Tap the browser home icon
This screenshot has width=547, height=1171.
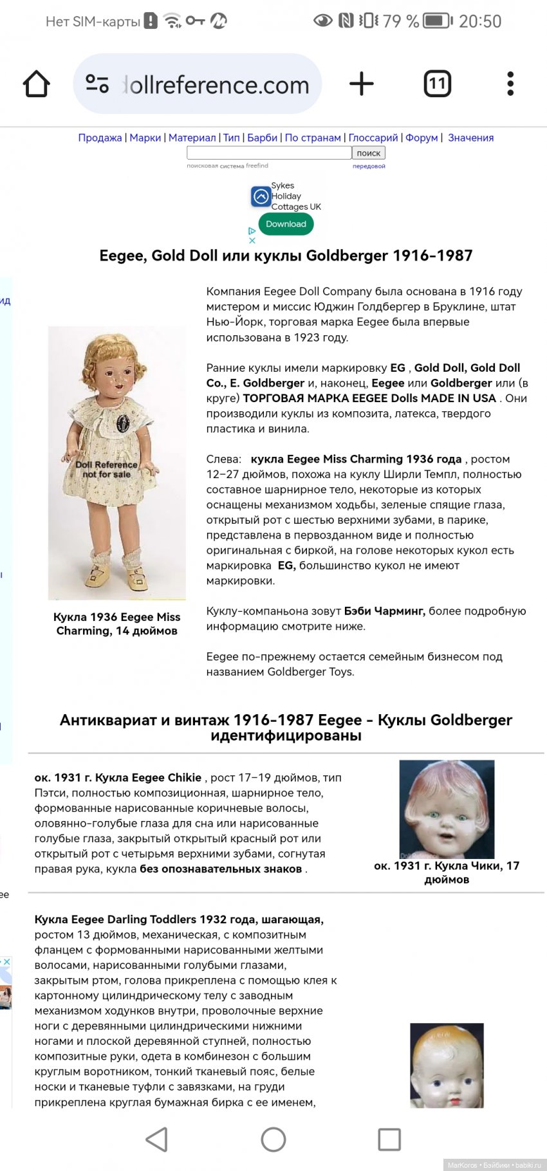[37, 84]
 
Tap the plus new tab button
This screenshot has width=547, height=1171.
[362, 84]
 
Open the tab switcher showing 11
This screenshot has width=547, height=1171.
[437, 84]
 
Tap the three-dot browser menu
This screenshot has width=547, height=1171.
[510, 84]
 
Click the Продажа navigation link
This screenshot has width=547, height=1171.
[100, 138]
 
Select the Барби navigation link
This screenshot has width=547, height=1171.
[262, 138]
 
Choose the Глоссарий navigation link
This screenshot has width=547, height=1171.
[373, 138]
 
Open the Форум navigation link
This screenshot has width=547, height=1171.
[422, 138]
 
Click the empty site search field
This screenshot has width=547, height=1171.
[269, 153]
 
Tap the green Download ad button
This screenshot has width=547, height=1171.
[286, 224]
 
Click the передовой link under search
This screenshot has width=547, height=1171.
[369, 166]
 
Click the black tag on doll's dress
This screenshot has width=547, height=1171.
[123, 423]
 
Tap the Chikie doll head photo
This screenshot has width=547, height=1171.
[447, 809]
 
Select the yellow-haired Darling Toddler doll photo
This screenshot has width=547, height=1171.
[447, 1065]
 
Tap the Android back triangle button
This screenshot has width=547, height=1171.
[157, 1139]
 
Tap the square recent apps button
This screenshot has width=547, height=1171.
[389, 1139]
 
